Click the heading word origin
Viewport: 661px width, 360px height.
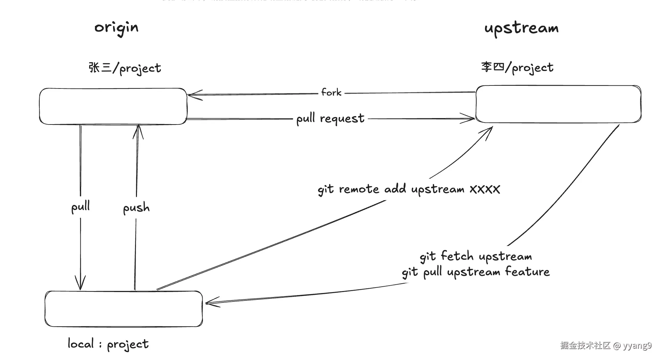click(116, 28)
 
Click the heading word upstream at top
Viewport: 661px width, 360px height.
click(521, 28)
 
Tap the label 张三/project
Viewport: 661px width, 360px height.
click(125, 68)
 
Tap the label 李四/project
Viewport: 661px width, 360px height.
click(517, 67)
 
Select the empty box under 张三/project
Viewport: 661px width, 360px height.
click(113, 106)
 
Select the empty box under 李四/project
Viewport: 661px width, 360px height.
click(558, 104)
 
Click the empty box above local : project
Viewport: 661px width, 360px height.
click(124, 309)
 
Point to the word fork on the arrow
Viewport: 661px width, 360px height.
click(331, 92)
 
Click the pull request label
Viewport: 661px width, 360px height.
click(330, 118)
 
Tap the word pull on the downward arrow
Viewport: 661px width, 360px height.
click(80, 207)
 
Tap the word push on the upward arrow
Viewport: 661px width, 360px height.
click(136, 208)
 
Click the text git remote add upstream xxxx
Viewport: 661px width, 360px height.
click(409, 189)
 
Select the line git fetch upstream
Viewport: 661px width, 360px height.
click(476, 256)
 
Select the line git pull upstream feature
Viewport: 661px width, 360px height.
click(476, 272)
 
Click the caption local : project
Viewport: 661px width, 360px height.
click(108, 344)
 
